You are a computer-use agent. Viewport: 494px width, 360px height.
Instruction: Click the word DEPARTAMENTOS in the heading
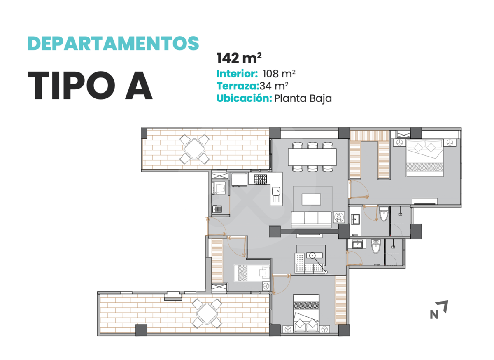[113, 44]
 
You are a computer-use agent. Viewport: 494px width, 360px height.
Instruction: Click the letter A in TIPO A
[139, 85]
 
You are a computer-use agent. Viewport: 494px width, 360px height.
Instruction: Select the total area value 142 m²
[239, 58]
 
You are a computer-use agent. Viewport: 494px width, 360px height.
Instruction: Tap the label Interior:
[237, 74]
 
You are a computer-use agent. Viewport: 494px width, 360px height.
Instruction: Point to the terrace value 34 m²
[274, 86]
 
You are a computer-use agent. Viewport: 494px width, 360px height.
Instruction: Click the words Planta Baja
[303, 98]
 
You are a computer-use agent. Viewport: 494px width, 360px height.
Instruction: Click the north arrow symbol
[439, 309]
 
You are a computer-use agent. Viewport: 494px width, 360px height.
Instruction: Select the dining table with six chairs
[312, 157]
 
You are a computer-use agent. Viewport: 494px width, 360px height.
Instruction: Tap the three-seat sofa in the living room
[311, 220]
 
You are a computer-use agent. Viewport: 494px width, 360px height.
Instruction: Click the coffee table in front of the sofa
[311, 199]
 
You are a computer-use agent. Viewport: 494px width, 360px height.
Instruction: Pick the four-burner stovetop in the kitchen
[260, 179]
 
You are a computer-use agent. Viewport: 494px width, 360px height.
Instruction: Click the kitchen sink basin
[276, 191]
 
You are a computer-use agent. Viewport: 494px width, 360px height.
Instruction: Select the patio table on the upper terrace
[194, 149]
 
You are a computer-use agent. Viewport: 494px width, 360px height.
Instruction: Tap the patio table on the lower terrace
[207, 313]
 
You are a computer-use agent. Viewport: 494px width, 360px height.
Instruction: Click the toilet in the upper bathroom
[384, 214]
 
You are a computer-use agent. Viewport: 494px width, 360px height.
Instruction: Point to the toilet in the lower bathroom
[376, 246]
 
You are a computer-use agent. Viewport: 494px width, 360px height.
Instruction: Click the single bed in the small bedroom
[252, 273]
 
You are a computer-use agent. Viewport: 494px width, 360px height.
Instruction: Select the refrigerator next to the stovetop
[239, 180]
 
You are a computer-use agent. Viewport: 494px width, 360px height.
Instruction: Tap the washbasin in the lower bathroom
[357, 244]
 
